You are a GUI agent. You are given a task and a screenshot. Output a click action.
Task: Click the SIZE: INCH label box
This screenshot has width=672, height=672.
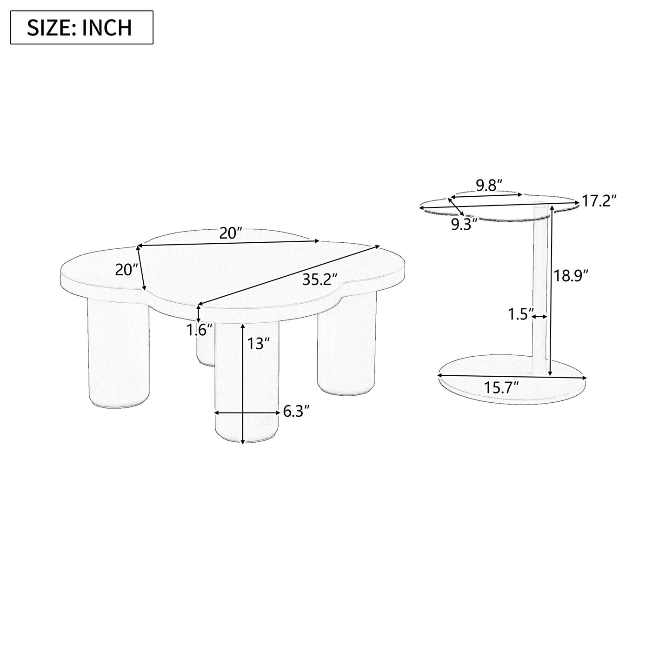pos(82,27)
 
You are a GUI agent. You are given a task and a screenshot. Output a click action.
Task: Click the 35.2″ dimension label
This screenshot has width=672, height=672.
pos(319,279)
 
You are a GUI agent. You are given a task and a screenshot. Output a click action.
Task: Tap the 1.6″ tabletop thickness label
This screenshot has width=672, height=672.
pos(200,331)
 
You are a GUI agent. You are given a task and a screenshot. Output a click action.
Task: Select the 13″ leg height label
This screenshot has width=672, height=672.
pos(259,344)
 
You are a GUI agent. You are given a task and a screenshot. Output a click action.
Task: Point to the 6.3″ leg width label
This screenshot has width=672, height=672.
pos(296,412)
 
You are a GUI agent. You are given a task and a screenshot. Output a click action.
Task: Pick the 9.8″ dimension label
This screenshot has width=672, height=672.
pos(489,186)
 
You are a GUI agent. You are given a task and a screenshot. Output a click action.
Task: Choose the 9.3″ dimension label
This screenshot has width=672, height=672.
pos(464,225)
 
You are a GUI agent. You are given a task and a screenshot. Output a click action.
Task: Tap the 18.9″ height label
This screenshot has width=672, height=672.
pos(571,276)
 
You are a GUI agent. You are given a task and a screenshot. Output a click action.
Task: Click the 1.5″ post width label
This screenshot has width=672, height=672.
pos(519,315)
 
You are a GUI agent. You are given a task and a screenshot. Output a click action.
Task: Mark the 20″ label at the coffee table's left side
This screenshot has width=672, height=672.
pos(127,270)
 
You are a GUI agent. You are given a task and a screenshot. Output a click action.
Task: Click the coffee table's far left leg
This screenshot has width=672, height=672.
pos(119,351)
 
